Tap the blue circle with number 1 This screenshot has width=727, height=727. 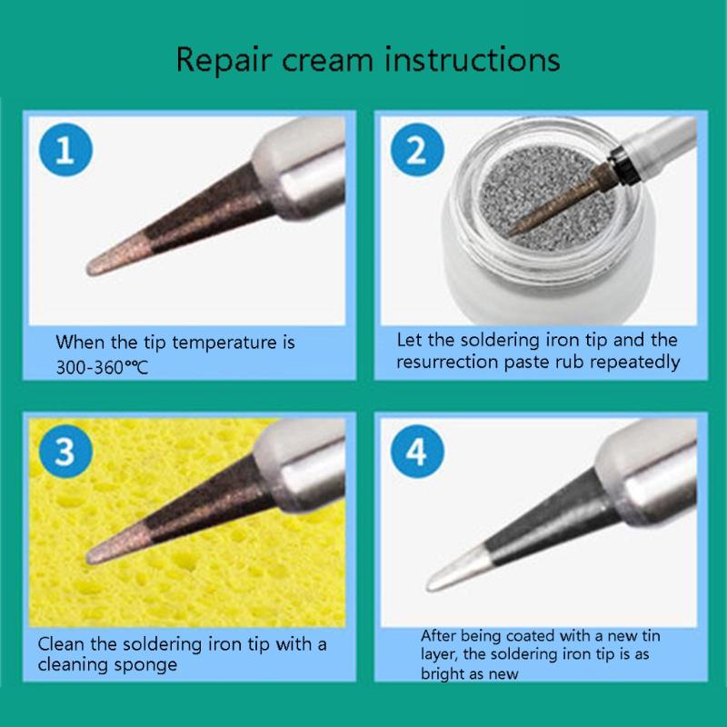[x=65, y=151]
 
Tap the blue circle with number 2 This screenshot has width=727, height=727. [x=416, y=151]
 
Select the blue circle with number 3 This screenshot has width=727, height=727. [x=65, y=452]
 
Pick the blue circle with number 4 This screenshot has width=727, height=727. [x=416, y=452]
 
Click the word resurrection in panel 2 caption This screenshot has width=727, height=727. [x=444, y=362]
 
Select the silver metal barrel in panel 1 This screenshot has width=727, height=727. [x=304, y=173]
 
